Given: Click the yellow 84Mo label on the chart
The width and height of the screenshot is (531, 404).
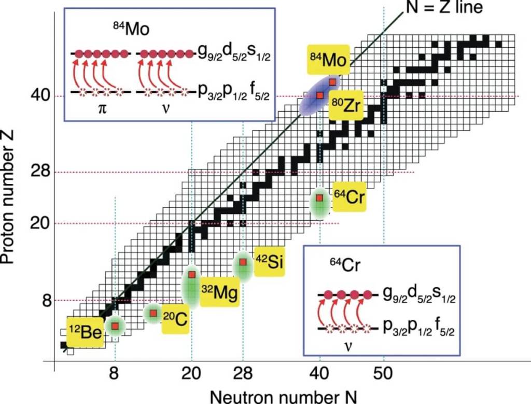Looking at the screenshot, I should coord(328,61).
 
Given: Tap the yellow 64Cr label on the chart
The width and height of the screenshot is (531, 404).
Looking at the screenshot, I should coord(350,197).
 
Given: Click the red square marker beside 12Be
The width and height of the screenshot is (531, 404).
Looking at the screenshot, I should coord(115,326).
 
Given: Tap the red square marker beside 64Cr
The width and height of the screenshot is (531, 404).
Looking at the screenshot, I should coord(319,198).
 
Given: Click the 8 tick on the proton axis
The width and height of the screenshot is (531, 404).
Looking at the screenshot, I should coord(45,300).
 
